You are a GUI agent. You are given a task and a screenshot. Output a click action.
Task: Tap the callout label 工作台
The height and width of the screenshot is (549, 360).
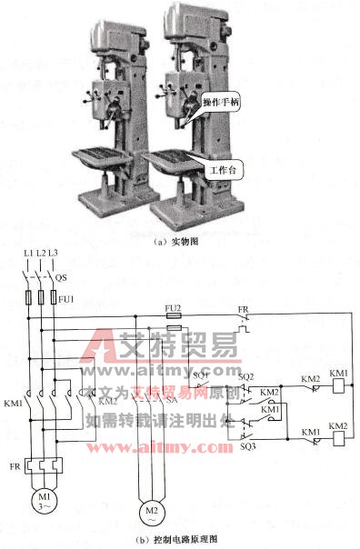pyautogui.click(x=224, y=170)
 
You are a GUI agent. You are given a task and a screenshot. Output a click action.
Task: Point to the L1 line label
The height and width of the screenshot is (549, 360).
pyautogui.click(x=27, y=251)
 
